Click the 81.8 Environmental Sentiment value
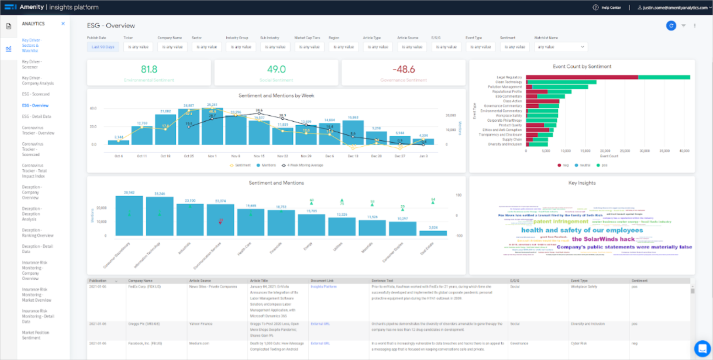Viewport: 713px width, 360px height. tap(149, 69)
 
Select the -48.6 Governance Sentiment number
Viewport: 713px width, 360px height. tap(403, 69)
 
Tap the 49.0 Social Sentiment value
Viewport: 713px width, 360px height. tap(276, 69)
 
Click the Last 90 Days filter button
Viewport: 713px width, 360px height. tap(103, 47)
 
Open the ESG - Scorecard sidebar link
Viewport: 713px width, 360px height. tap(36, 94)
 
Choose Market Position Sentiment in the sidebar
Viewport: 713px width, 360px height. tap(35, 335)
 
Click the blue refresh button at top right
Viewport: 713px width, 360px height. tap(671, 26)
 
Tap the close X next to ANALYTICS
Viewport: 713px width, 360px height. tap(63, 24)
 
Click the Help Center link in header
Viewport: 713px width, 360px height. tap(611, 8)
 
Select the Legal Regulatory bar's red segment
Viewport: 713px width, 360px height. tap(581, 77)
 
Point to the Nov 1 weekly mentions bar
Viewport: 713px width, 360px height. tap(212, 127)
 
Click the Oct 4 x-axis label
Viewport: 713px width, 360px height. tap(119, 156)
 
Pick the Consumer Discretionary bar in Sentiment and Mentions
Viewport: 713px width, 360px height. tap(129, 216)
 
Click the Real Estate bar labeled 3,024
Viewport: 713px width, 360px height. tap(433, 234)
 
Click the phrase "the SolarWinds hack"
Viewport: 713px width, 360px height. tap(603, 239)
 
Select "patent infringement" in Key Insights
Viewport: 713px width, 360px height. tap(560, 221)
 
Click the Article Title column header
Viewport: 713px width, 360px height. tap(259, 281)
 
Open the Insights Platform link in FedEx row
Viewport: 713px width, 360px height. tap(323, 287)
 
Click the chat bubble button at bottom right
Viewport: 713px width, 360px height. tap(702, 349)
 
